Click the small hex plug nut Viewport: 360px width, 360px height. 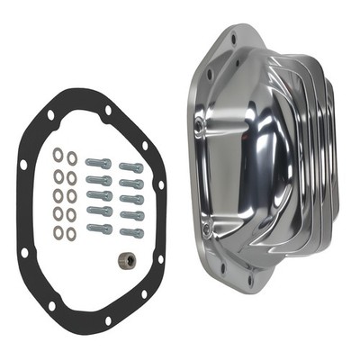pyautogui.click(x=126, y=260)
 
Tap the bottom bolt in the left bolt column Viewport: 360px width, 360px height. pyautogui.click(x=99, y=228)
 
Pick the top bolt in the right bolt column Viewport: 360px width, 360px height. pyautogui.click(x=130, y=167)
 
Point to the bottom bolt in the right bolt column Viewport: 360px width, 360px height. pyautogui.click(x=131, y=231)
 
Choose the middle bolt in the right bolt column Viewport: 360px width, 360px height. pyautogui.click(x=131, y=199)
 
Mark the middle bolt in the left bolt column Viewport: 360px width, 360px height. pyautogui.click(x=99, y=196)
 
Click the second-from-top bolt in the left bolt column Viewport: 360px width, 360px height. pyautogui.click(x=99, y=180)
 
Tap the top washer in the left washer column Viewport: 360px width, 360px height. pyautogui.click(x=58, y=155)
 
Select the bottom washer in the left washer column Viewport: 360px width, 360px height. pyautogui.click(x=58, y=232)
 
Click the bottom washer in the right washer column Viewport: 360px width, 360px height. pyautogui.click(x=72, y=234)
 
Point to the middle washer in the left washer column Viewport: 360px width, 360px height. pyautogui.click(x=58, y=193)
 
